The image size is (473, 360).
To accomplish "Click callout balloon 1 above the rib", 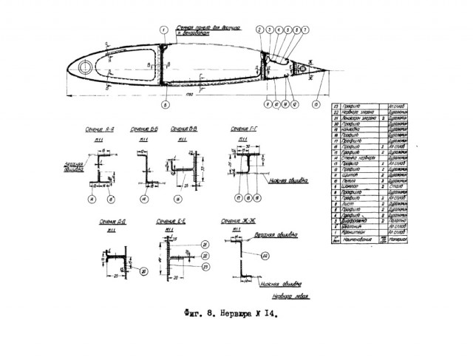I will (163, 30).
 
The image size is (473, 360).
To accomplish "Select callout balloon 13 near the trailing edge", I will (317, 104).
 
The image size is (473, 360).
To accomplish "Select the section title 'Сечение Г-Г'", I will (244, 127).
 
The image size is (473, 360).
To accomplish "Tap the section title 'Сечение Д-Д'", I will (111, 221).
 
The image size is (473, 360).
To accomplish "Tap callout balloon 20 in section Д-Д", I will (143, 271).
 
